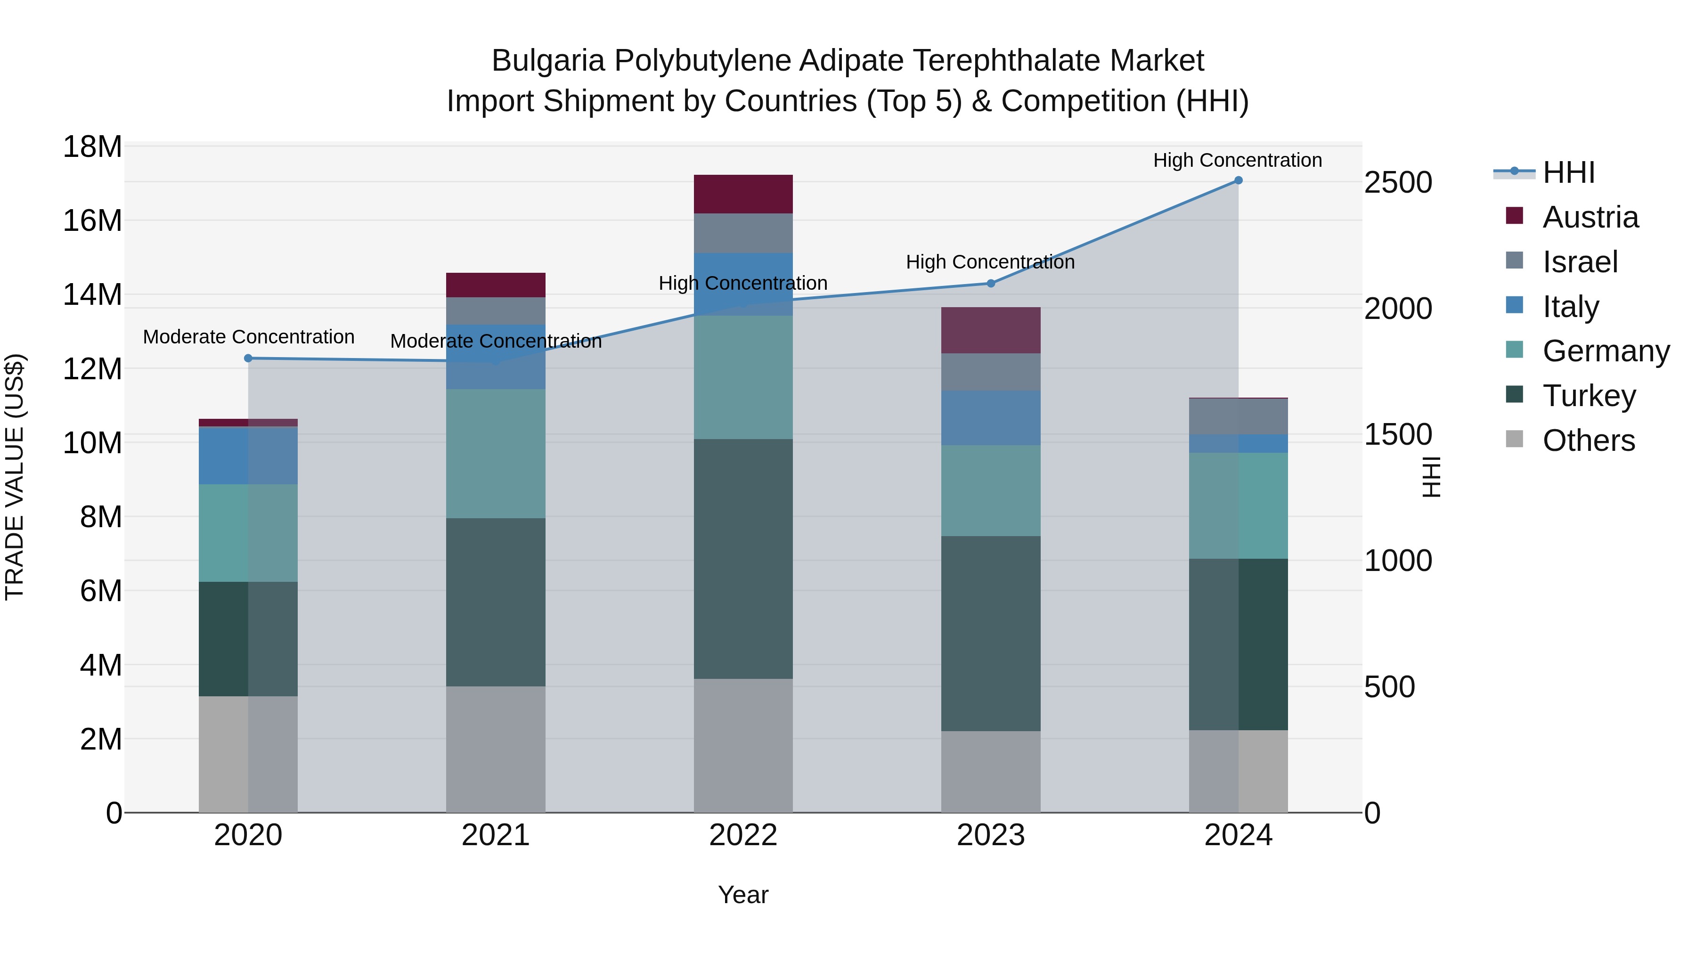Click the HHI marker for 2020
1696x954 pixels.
[x=248, y=358]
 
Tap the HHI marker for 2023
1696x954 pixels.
[x=990, y=284]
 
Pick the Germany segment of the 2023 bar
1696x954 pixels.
[x=990, y=490]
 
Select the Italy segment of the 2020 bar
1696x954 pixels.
[x=248, y=456]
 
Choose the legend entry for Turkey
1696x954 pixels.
[x=1589, y=396]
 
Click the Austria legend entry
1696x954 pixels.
[x=1590, y=217]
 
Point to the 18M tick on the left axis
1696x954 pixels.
[x=92, y=147]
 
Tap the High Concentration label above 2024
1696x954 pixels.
[x=1237, y=160]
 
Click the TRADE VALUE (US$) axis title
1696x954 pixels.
[x=15, y=477]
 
